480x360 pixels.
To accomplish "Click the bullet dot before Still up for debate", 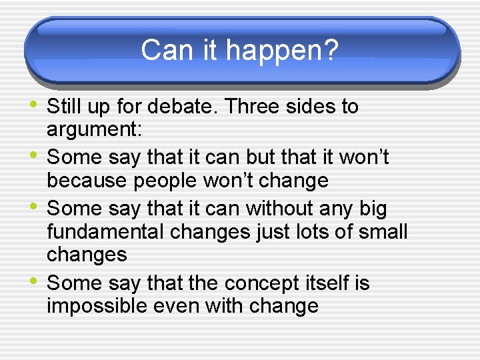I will click(35, 105).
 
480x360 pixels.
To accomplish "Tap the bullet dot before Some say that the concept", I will click(35, 282).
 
